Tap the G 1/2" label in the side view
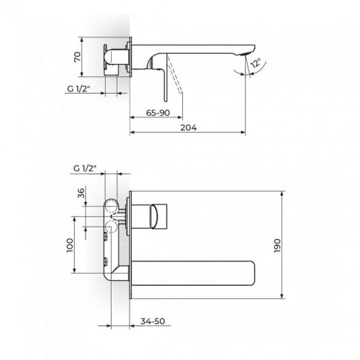click(x=83, y=91)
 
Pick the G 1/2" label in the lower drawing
click(x=85, y=168)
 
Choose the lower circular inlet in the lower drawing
click(x=111, y=228)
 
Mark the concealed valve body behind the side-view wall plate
click(x=113, y=58)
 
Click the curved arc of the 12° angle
click(x=258, y=77)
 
